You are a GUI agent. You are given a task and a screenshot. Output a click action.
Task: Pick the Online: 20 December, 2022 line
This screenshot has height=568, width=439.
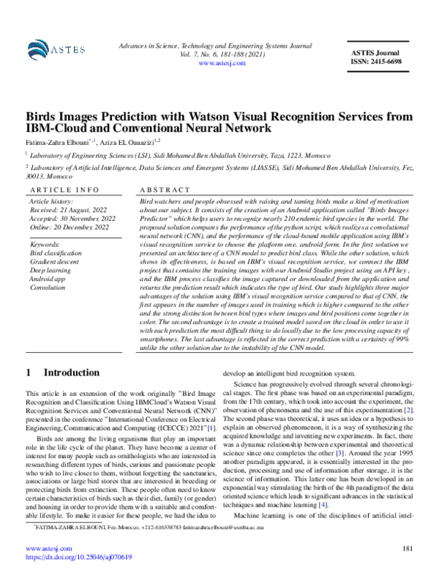70,227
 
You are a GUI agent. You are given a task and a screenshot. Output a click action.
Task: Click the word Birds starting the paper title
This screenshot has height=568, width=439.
43,116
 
